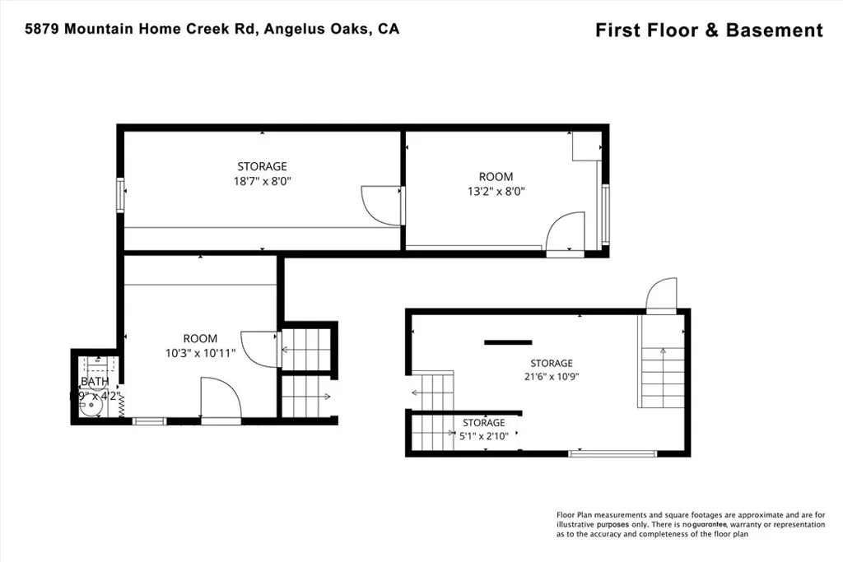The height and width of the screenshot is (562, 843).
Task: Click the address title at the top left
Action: [x=212, y=30]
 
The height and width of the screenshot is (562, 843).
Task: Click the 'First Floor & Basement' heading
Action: [x=708, y=30]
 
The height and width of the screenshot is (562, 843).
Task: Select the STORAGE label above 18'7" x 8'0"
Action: [x=262, y=166]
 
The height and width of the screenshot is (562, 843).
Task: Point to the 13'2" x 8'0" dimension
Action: [x=496, y=191]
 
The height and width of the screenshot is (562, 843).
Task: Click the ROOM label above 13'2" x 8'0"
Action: [x=496, y=177]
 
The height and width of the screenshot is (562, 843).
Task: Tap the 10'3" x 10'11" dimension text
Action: [x=200, y=353]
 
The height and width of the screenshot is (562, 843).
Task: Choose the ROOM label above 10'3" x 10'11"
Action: [x=200, y=338]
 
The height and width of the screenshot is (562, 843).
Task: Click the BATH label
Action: [x=94, y=382]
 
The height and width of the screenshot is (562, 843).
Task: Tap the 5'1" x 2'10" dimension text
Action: [x=484, y=437]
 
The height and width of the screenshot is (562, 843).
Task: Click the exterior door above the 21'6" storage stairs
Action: [x=661, y=295]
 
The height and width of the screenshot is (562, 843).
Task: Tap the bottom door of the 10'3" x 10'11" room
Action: [x=221, y=399]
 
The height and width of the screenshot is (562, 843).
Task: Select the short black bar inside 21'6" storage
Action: [x=508, y=341]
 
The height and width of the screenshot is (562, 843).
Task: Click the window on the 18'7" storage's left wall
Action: [x=121, y=196]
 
